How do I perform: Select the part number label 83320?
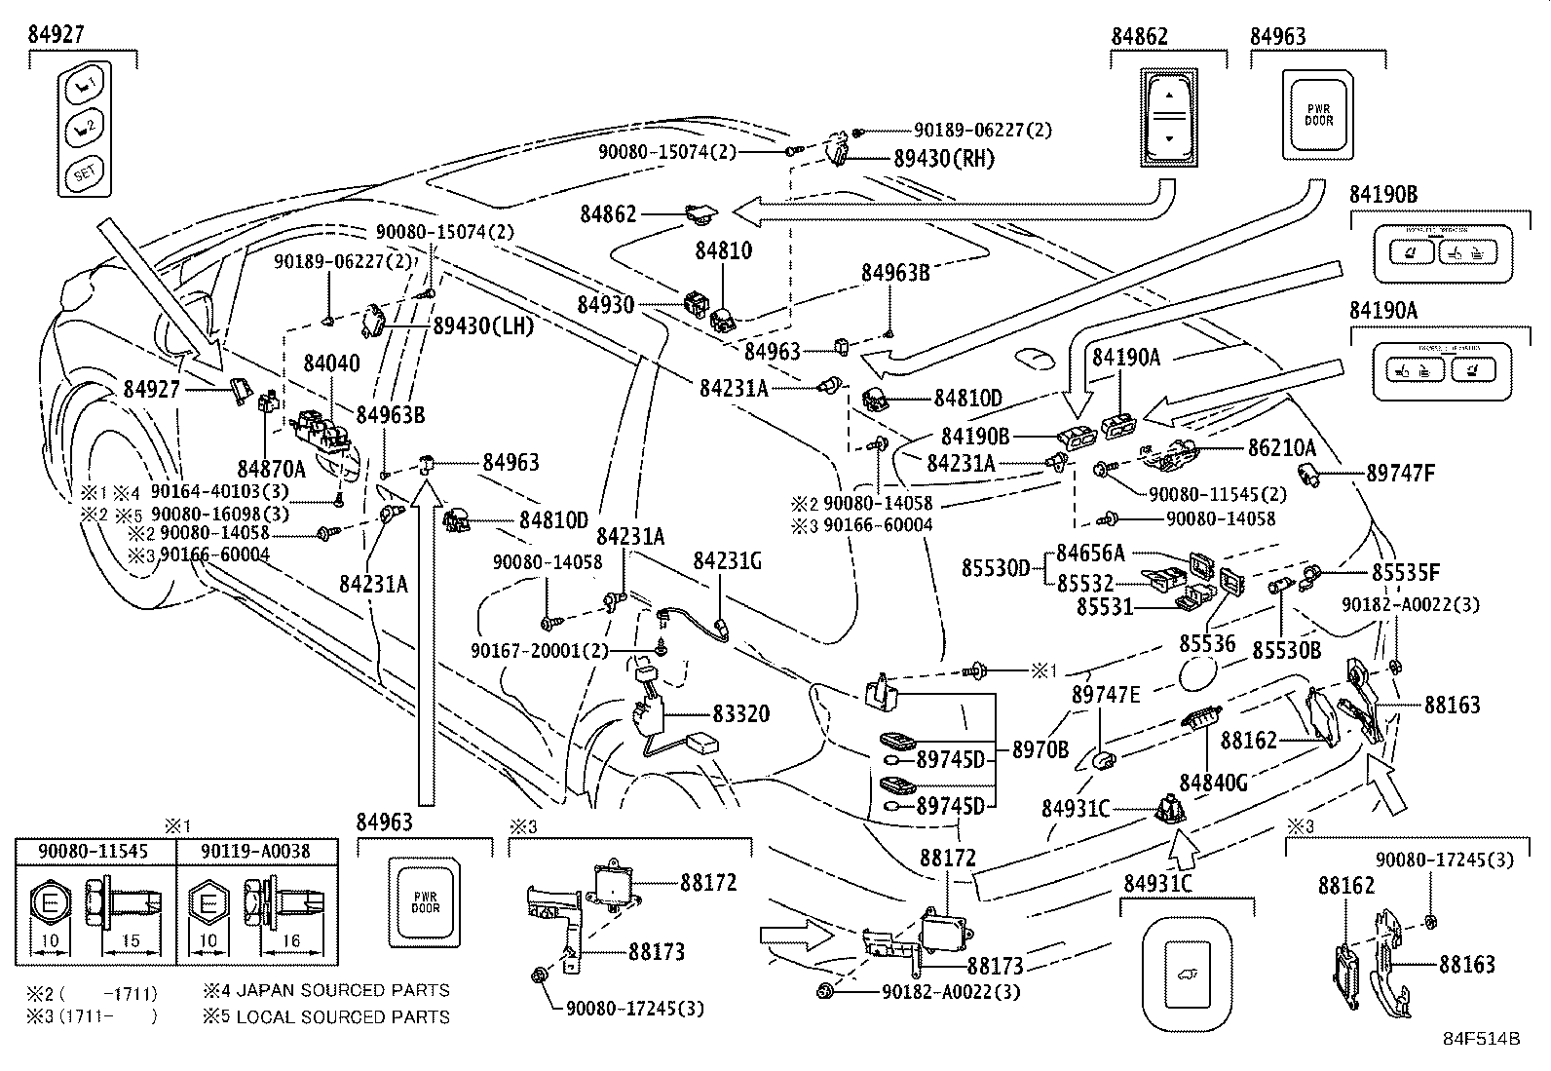(x=740, y=714)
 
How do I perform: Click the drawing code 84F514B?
(x=1481, y=1039)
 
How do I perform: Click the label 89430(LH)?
(x=483, y=326)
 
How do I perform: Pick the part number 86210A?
(x=1282, y=448)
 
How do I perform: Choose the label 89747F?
(x=1401, y=474)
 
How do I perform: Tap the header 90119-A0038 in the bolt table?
(x=257, y=851)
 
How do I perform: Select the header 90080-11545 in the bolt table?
(x=94, y=851)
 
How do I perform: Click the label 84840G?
(x=1213, y=783)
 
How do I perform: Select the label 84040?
(x=331, y=363)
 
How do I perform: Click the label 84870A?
(x=272, y=469)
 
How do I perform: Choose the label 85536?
(x=1208, y=644)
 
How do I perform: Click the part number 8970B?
(x=1040, y=749)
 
